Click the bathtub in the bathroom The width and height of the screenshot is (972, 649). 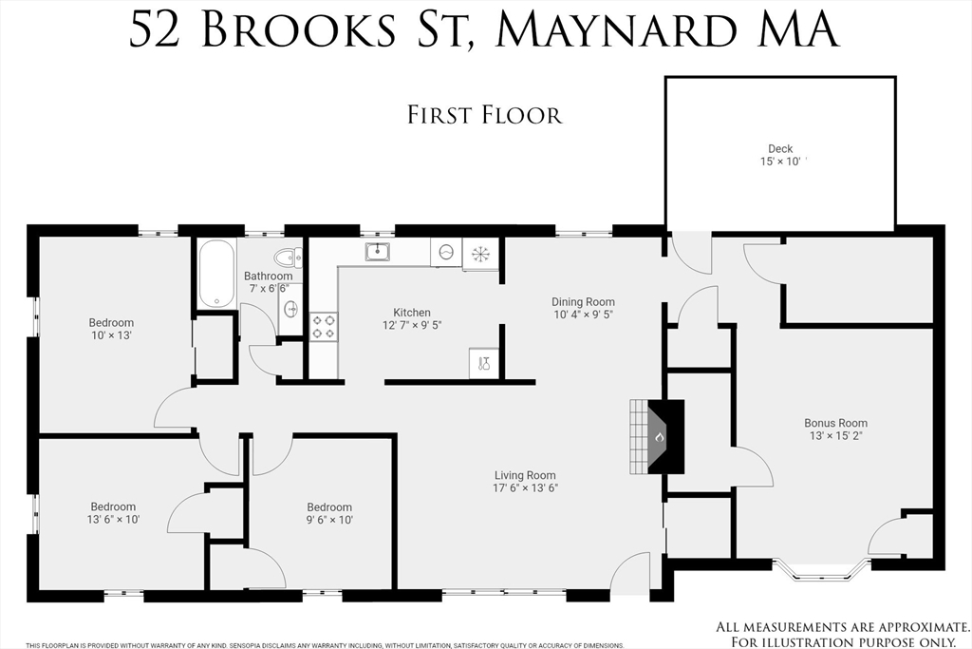click(216, 274)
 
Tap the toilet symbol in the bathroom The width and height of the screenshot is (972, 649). click(286, 257)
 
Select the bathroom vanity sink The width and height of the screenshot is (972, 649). click(290, 309)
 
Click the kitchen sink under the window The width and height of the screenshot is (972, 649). click(378, 252)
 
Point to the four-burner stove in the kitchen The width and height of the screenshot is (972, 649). click(324, 326)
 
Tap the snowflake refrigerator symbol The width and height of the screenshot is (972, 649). click(480, 254)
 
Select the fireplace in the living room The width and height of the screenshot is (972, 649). click(660, 436)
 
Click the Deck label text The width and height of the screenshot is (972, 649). click(780, 148)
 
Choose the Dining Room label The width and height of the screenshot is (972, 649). click(584, 302)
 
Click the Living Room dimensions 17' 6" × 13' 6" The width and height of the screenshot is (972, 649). click(525, 488)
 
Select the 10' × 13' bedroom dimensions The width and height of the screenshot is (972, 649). click(111, 335)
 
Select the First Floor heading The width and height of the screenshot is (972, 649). click(484, 115)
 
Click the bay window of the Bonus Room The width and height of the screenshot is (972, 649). click(821, 569)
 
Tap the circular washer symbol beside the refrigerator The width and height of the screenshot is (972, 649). click(446, 254)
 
